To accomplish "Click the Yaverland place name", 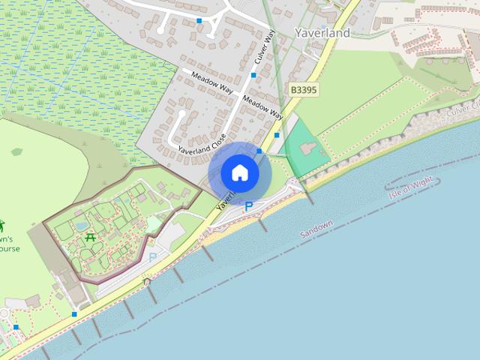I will pyautogui.click(x=322, y=34).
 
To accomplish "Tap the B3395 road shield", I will pyautogui.click(x=302, y=89).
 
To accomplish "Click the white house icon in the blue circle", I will pyautogui.click(x=239, y=173).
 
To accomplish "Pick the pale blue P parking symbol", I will pyautogui.click(x=153, y=257).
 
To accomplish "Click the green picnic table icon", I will pyautogui.click(x=91, y=237).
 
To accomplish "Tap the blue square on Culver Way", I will pyautogui.click(x=253, y=75).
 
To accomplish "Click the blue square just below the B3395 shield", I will pyautogui.click(x=277, y=135).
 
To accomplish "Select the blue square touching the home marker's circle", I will pyautogui.click(x=259, y=151).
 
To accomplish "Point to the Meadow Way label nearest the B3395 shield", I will pyautogui.click(x=262, y=108).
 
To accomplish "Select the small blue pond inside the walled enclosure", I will pyautogui.click(x=81, y=225).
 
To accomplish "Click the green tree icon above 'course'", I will pyautogui.click(x=2, y=226).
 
